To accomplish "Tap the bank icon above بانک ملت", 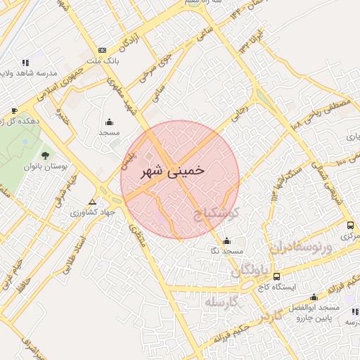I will coord(103,51).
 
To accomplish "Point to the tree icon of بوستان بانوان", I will coord(46,155).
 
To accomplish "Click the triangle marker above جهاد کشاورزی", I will coord(92,201).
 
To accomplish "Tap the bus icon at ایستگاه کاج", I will coord(276,276).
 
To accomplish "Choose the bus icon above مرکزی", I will coord(350,225).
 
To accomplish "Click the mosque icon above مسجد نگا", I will coord(226,240).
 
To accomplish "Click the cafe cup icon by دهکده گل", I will coord(14,110).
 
